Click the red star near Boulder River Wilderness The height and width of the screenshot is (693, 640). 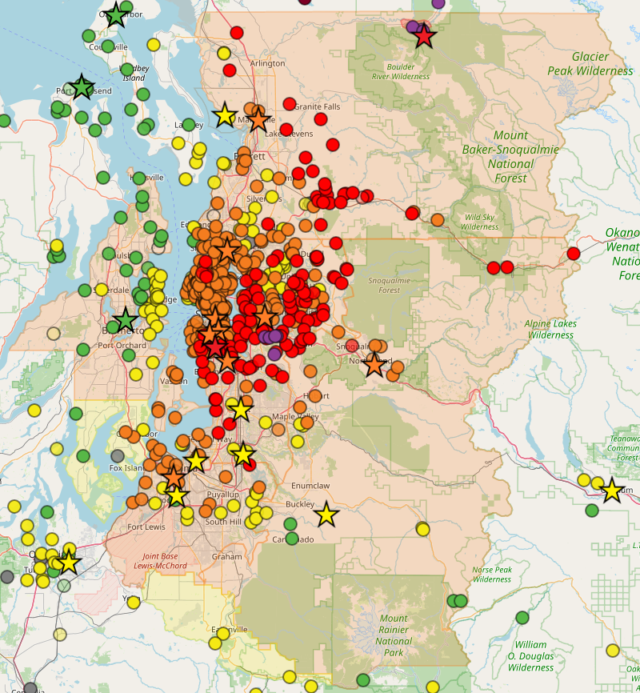click(x=424, y=36)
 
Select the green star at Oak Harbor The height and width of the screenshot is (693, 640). click(x=116, y=14)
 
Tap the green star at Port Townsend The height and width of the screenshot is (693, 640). click(x=82, y=86)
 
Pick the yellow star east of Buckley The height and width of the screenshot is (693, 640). click(x=326, y=515)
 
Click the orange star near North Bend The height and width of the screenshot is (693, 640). click(x=374, y=365)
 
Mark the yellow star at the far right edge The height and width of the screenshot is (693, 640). click(x=612, y=490)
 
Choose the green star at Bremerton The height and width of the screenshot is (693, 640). click(x=126, y=321)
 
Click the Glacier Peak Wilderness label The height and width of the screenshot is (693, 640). click(x=590, y=64)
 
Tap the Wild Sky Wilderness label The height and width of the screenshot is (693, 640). click(x=480, y=222)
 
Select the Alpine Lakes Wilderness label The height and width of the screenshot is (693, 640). click(x=550, y=329)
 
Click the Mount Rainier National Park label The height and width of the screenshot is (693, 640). click(x=394, y=630)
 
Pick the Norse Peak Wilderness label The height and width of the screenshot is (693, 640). click(x=491, y=575)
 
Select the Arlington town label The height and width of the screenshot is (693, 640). click(x=267, y=63)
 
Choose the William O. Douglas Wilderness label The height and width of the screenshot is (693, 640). click(x=530, y=656)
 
